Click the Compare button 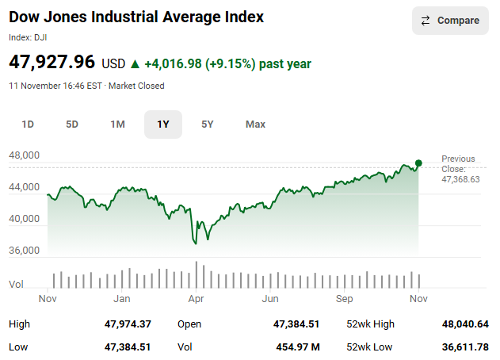(450, 21)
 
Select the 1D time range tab (28, 124)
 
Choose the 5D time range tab (72, 124)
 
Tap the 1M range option (117, 124)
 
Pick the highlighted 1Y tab (163, 124)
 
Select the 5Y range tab (208, 124)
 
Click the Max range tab (255, 124)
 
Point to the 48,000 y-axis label (25, 155)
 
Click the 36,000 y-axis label (25, 251)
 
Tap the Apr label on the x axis (196, 299)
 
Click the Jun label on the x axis (270, 299)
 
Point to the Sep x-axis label (345, 299)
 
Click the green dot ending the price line (418, 163)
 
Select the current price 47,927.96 (52, 62)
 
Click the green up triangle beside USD (135, 63)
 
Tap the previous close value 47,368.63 (460, 179)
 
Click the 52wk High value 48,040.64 (465, 324)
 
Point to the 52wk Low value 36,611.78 (465, 347)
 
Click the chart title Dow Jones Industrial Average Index (136, 17)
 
